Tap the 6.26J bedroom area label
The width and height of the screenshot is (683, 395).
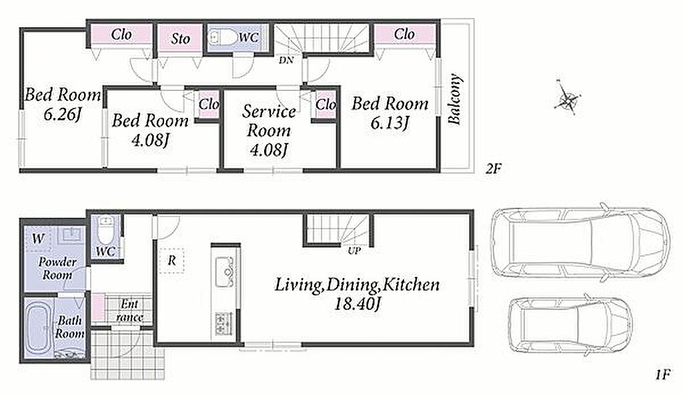click(x=62, y=115)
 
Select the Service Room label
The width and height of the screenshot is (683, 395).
click(x=269, y=121)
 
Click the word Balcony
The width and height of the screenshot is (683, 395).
click(x=454, y=100)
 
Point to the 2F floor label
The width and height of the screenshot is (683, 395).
click(x=494, y=169)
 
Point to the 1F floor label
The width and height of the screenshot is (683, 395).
click(x=662, y=374)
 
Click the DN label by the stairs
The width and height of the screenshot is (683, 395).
click(x=286, y=60)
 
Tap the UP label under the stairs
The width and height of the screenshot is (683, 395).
click(x=354, y=251)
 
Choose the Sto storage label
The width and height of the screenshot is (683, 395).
click(x=180, y=38)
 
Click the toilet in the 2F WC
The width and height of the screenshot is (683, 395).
click(x=221, y=37)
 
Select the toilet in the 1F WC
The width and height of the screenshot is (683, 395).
click(x=105, y=230)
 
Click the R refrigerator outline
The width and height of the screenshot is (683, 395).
click(x=171, y=260)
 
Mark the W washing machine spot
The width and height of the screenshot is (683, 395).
click(x=38, y=238)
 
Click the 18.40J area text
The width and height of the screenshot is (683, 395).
click(x=358, y=303)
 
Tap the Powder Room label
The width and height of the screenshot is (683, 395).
click(x=57, y=268)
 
